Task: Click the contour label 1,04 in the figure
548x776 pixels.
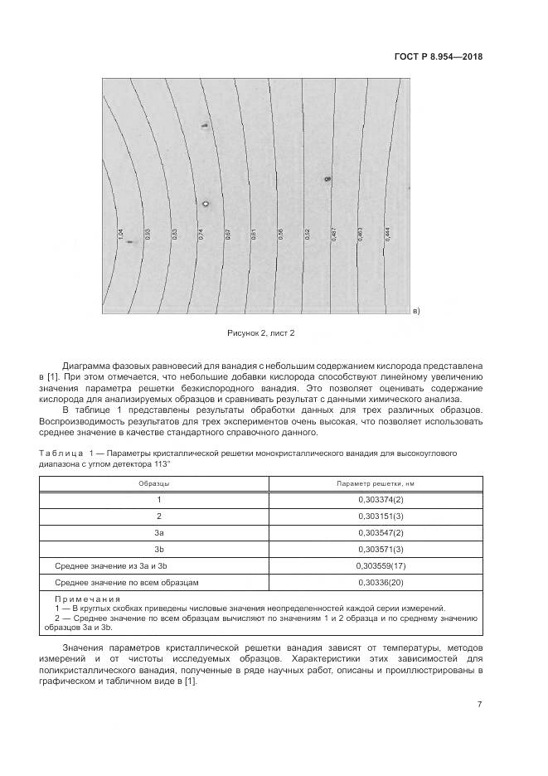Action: coord(121,235)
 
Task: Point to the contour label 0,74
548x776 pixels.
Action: coord(201,235)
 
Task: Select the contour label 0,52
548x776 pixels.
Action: coord(307,235)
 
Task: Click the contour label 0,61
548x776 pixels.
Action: coord(254,235)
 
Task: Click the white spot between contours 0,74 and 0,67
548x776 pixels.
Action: coord(206,202)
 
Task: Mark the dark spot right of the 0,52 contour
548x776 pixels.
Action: coord(327,178)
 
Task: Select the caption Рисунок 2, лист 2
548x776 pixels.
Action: coord(261,332)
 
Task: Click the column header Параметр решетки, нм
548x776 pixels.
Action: coord(380,483)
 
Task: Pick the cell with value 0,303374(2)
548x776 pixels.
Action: coord(380,499)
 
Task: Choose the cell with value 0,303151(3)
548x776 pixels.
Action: coord(380,516)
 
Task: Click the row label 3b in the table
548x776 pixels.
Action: coord(159,549)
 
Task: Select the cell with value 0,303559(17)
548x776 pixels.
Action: coord(380,565)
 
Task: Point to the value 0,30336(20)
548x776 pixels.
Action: coord(380,583)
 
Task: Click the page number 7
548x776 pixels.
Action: coord(480,704)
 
